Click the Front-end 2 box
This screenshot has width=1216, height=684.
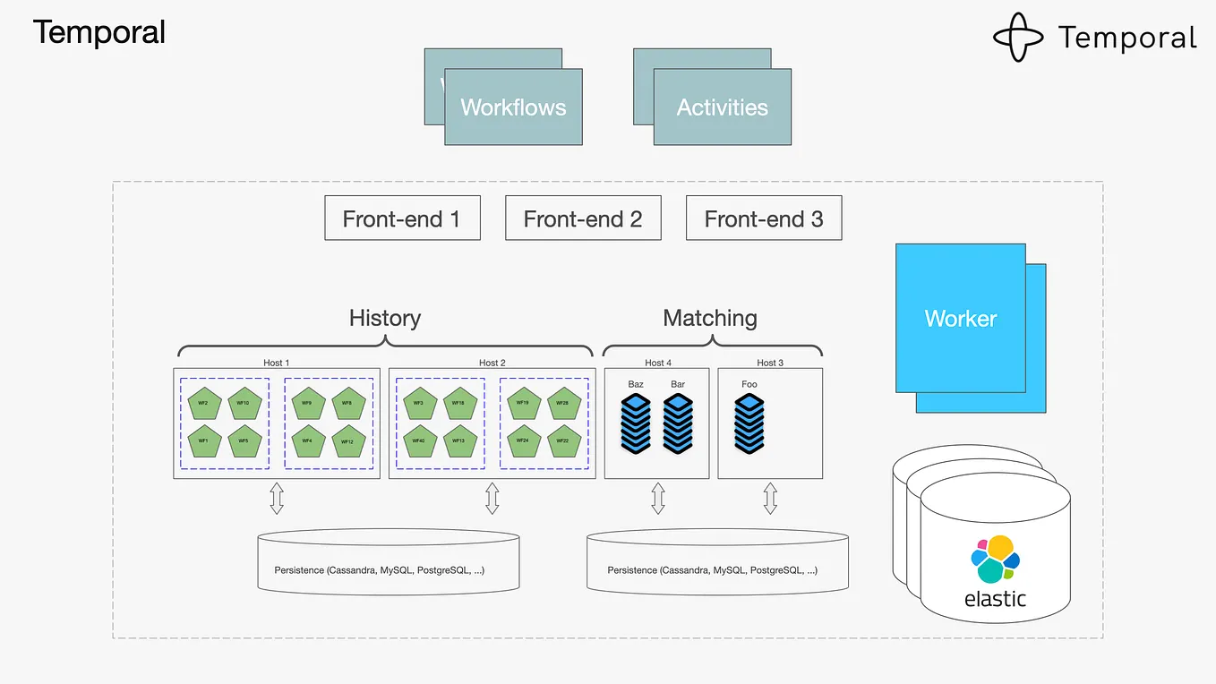[x=583, y=218]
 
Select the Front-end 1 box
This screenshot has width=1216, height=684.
[x=402, y=218]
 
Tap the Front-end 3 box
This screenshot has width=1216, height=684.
[x=764, y=218]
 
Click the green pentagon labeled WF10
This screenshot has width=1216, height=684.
[x=244, y=404]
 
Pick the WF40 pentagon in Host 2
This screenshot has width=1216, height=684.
[x=418, y=440]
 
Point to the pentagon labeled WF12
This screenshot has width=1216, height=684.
[x=347, y=440]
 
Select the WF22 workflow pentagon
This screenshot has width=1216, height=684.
[x=563, y=440]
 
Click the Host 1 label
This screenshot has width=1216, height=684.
[x=276, y=363]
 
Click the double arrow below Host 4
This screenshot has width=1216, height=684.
[x=658, y=499]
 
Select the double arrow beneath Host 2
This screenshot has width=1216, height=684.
[x=492, y=499]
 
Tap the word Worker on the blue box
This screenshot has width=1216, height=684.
[x=960, y=319]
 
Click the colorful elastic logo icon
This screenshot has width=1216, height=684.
[x=995, y=559]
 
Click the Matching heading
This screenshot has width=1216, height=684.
[x=710, y=318]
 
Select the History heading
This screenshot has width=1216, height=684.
[x=385, y=318]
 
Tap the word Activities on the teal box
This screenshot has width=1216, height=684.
[x=723, y=107]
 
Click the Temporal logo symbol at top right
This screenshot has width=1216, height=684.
[x=1018, y=38]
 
